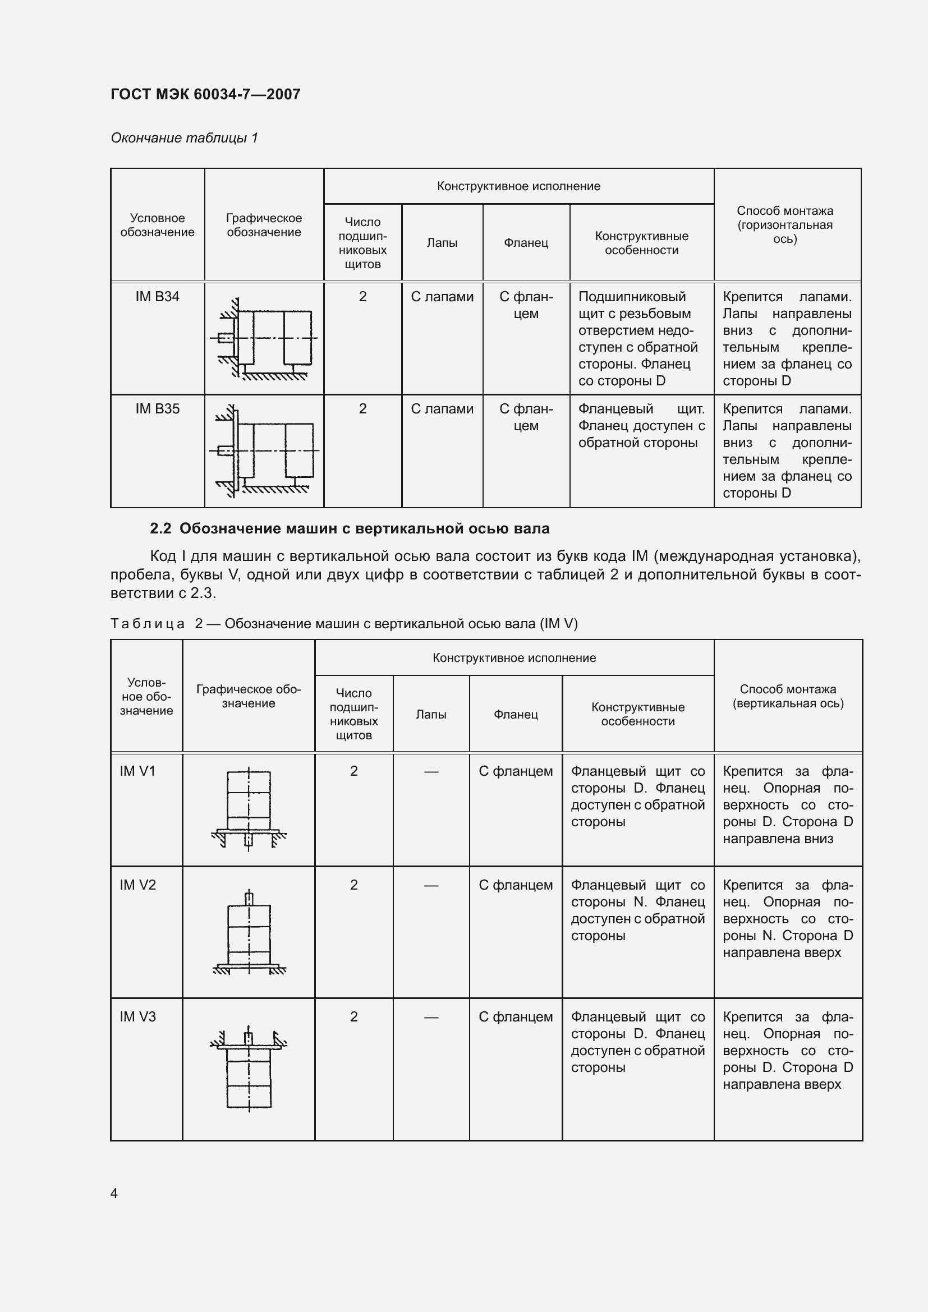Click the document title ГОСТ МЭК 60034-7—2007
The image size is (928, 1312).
tap(205, 94)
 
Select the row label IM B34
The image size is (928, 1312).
tap(157, 297)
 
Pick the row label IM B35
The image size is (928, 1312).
tap(157, 409)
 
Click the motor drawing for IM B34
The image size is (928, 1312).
tap(265, 338)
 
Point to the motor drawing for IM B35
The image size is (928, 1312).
tap(265, 451)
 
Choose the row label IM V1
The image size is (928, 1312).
tap(137, 771)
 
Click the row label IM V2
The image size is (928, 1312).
tap(137, 885)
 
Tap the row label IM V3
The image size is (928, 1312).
tap(137, 1017)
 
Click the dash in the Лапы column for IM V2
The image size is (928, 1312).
tap(431, 886)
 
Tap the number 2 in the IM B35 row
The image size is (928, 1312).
tap(362, 409)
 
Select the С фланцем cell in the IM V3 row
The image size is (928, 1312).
tap(516, 1017)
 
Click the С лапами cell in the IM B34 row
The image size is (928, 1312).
tap(442, 297)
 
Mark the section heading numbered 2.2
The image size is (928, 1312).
tap(349, 528)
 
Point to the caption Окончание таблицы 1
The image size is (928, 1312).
tap(184, 138)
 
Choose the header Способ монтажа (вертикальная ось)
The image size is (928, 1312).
tap(787, 696)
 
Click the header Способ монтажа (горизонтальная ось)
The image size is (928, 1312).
tap(784, 224)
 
